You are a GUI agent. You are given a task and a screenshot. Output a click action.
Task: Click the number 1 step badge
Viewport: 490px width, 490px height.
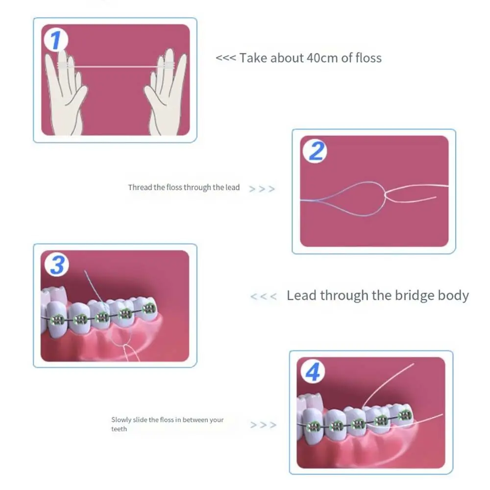(56, 40)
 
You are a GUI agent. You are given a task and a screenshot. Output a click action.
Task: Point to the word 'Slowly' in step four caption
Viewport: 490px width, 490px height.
(121, 419)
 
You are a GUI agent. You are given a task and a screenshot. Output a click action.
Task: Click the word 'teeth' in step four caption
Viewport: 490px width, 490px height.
(119, 429)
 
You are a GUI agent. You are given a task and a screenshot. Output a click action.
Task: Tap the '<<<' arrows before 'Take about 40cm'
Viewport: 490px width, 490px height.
(225, 58)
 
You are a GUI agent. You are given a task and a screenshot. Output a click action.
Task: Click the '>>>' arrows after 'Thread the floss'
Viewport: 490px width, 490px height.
(262, 189)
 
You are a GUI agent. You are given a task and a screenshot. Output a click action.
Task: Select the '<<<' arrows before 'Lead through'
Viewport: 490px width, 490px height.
(263, 296)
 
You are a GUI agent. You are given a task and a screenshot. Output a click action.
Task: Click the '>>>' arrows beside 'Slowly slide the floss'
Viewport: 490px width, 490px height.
(263, 425)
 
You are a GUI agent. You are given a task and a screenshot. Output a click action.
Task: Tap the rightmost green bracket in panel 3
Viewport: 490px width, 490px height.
(148, 309)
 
